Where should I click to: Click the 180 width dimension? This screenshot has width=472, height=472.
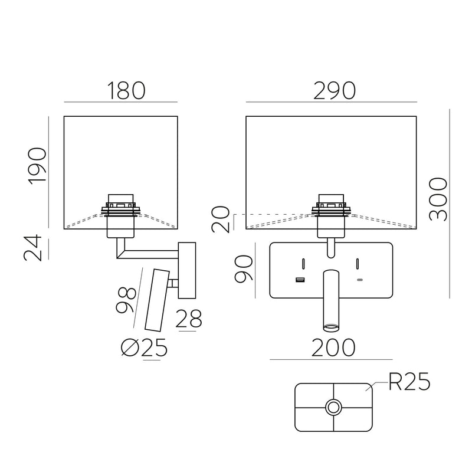tap(126, 90)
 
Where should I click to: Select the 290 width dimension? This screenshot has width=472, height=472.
tap(334, 90)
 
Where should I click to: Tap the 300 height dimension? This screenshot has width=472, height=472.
tap(438, 199)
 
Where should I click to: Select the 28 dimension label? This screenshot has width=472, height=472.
tap(189, 319)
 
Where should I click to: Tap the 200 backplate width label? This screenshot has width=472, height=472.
tap(333, 348)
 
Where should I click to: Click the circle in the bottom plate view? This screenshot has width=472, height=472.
tap(334, 407)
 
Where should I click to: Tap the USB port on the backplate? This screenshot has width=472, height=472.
tap(300, 279)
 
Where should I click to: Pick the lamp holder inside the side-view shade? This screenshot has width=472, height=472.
tap(120, 214)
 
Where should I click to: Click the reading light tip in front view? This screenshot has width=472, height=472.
tap(330, 326)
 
